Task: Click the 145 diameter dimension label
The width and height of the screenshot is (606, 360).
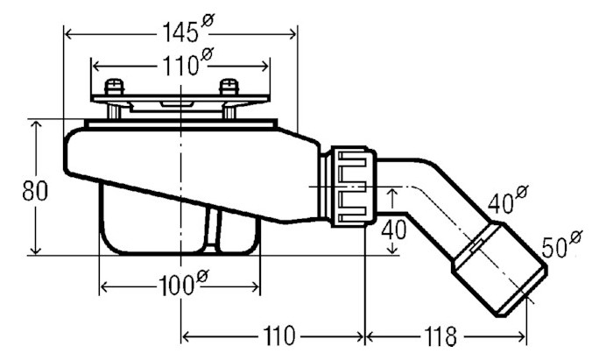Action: (x=188, y=28)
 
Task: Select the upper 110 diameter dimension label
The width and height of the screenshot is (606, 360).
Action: (x=187, y=62)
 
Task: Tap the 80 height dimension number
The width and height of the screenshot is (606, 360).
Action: (x=35, y=191)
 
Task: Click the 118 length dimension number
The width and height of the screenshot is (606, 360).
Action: (x=440, y=336)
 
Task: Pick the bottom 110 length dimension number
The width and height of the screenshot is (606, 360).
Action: (x=279, y=335)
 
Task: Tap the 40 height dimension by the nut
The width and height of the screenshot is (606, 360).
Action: (x=394, y=229)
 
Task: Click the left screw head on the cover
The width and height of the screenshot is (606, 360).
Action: (x=115, y=88)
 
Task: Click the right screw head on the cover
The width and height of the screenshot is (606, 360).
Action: (x=229, y=88)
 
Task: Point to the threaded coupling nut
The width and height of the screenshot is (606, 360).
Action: (x=352, y=187)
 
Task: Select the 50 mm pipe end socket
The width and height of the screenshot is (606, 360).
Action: (x=500, y=269)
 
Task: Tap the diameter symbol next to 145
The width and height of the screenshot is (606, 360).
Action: (x=208, y=20)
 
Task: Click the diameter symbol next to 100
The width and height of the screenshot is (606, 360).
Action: (x=202, y=277)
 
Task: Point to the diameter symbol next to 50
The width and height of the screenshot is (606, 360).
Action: (x=575, y=236)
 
